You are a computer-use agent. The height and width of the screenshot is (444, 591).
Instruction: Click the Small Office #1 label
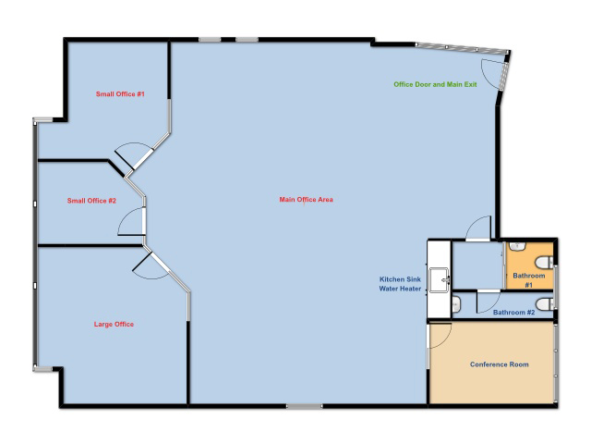coord(120,94)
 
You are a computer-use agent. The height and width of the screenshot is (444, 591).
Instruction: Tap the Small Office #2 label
coord(91,201)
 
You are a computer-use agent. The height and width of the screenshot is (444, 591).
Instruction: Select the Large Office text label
coord(114,324)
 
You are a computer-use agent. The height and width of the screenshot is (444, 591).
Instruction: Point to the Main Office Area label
coord(306,200)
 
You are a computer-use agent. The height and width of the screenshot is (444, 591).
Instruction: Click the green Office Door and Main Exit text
coord(435,84)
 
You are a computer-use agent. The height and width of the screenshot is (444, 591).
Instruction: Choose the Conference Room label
coord(499,364)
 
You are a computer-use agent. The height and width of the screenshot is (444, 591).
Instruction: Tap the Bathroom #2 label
coord(513,313)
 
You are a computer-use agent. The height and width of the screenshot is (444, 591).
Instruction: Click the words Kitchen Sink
coord(400,279)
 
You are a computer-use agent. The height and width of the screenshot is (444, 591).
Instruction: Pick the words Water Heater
coord(400,289)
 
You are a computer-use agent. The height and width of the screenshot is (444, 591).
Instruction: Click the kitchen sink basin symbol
coord(440,279)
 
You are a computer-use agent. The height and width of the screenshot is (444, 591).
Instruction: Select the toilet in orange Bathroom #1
coord(544,262)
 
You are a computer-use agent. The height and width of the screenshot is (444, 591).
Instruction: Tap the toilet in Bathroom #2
coord(544,304)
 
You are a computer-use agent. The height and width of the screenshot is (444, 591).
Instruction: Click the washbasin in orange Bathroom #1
coord(517,246)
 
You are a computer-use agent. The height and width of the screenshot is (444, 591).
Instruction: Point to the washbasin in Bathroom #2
coord(456,304)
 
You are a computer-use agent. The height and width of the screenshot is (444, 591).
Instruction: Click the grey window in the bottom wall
coord(304,406)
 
